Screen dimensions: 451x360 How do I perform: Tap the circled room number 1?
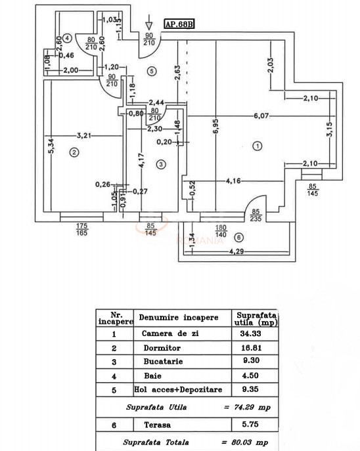[258, 146]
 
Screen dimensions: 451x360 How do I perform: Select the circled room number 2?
[74, 153]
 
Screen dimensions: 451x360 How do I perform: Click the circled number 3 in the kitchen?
[160, 163]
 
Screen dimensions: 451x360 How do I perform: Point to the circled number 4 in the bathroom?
[68, 38]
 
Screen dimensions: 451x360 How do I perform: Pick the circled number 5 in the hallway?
[151, 70]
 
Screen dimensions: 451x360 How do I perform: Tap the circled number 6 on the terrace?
[238, 237]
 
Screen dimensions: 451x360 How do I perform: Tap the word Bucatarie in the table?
[160, 362]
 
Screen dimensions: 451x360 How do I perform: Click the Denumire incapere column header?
[182, 318]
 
